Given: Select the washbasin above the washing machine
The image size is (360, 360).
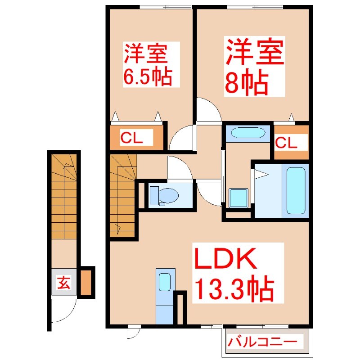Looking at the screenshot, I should coord(246,133).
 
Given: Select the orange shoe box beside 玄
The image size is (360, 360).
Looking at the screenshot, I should coord(87,282).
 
